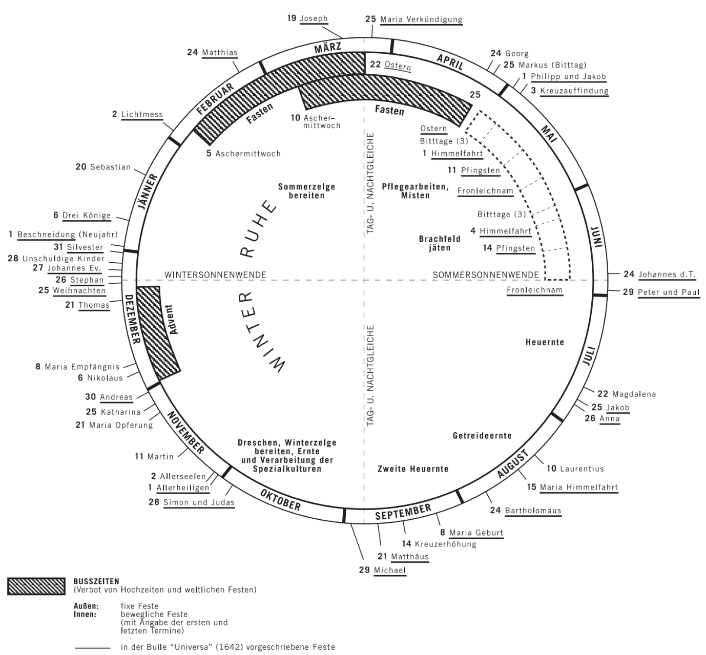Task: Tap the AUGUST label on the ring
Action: (x=512, y=464)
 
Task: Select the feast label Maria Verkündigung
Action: (x=421, y=19)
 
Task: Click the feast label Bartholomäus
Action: (x=533, y=510)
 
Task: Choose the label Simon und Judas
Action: (x=199, y=502)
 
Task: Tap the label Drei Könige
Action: (x=87, y=216)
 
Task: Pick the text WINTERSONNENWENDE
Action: (x=215, y=275)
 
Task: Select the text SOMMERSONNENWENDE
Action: (x=486, y=275)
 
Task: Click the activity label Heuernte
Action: (x=545, y=342)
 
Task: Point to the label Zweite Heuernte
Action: (x=413, y=469)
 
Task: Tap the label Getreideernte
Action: (x=482, y=435)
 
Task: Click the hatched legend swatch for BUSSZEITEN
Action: (x=36, y=586)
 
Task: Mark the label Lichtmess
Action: (x=142, y=114)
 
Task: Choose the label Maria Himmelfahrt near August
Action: (x=579, y=487)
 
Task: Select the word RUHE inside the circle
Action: (x=259, y=228)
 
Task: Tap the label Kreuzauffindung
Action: (x=574, y=91)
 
